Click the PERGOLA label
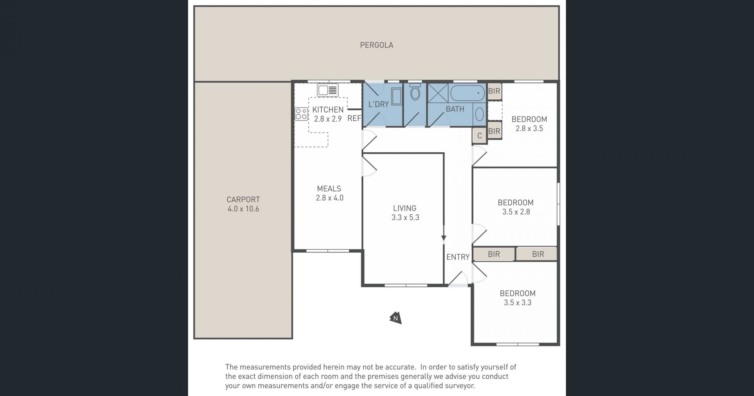(x=377, y=45)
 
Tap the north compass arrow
(x=395, y=318)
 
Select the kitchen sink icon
(x=328, y=90)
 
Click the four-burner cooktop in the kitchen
(x=301, y=114)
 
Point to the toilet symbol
(x=415, y=92)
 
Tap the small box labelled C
(x=479, y=136)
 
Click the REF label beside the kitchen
(x=354, y=118)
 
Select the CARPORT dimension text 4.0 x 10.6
(x=243, y=209)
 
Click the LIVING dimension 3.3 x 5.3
(x=405, y=217)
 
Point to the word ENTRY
(x=458, y=257)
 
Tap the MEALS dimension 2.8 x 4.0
(x=329, y=198)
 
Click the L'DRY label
(x=379, y=104)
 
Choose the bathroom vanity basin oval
(x=479, y=114)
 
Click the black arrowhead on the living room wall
(x=444, y=237)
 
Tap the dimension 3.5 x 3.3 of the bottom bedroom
(x=518, y=303)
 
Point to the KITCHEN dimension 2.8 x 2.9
(x=328, y=119)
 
